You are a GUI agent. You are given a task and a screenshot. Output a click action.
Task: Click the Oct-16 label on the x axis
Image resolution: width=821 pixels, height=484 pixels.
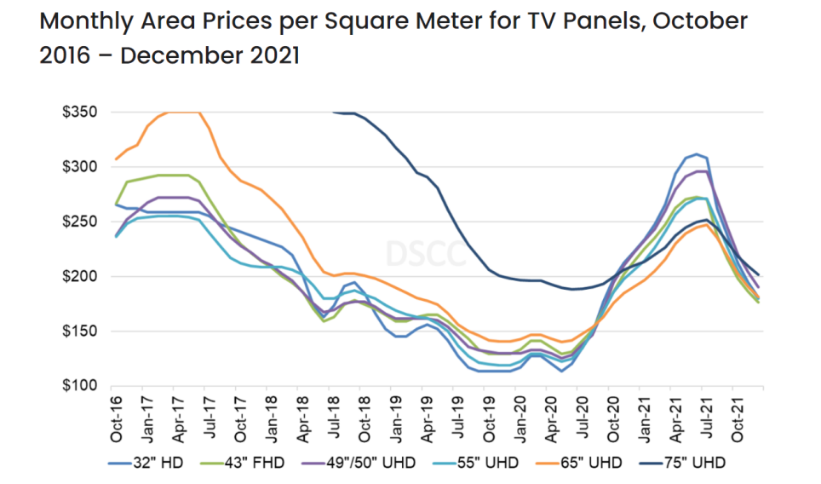click(116, 418)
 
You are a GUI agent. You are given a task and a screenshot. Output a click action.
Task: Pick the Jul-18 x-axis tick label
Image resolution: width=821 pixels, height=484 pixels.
click(330, 418)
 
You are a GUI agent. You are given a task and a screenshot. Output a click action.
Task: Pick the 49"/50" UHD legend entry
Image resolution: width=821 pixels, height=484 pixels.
click(367, 463)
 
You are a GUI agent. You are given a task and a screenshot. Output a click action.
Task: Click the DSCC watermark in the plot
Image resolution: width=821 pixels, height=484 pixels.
click(425, 253)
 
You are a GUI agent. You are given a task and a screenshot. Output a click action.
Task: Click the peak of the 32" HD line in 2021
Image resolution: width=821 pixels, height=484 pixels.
click(697, 154)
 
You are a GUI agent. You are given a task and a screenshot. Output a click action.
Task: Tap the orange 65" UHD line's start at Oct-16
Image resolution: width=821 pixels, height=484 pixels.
click(117, 159)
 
